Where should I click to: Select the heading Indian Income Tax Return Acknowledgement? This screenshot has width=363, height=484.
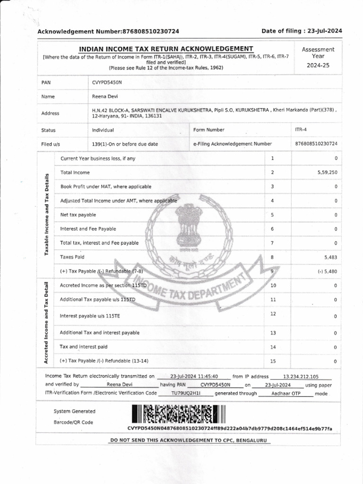click(x=166, y=49)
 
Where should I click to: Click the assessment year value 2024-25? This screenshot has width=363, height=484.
click(x=318, y=65)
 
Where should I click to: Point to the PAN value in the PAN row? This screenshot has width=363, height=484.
click(x=107, y=82)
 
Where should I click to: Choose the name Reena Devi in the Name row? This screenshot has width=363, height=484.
click(x=103, y=96)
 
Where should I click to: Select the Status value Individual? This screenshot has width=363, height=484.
click(x=103, y=130)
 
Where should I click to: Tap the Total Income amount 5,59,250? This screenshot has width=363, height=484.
click(x=328, y=173)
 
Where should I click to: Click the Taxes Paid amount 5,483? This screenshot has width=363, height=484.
click(x=331, y=258)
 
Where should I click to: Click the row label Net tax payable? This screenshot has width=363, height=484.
click(x=78, y=215)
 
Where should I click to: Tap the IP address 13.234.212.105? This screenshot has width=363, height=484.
click(x=301, y=377)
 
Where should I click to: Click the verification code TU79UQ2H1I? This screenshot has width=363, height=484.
click(x=186, y=393)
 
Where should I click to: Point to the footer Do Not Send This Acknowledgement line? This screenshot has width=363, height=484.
click(x=189, y=441)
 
